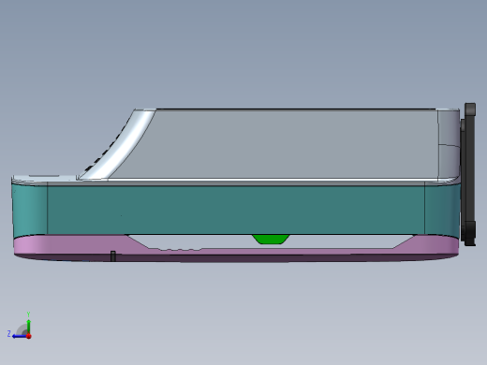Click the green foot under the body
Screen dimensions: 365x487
point(271,239)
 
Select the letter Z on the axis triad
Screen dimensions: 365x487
point(9,333)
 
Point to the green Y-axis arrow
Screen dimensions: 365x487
point(29,324)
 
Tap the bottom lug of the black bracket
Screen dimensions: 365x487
point(468,233)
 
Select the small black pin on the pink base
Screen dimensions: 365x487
point(112,255)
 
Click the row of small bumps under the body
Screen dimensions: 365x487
point(180,248)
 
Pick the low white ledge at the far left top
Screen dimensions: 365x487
point(42,177)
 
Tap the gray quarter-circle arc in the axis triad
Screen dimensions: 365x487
point(22,328)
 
